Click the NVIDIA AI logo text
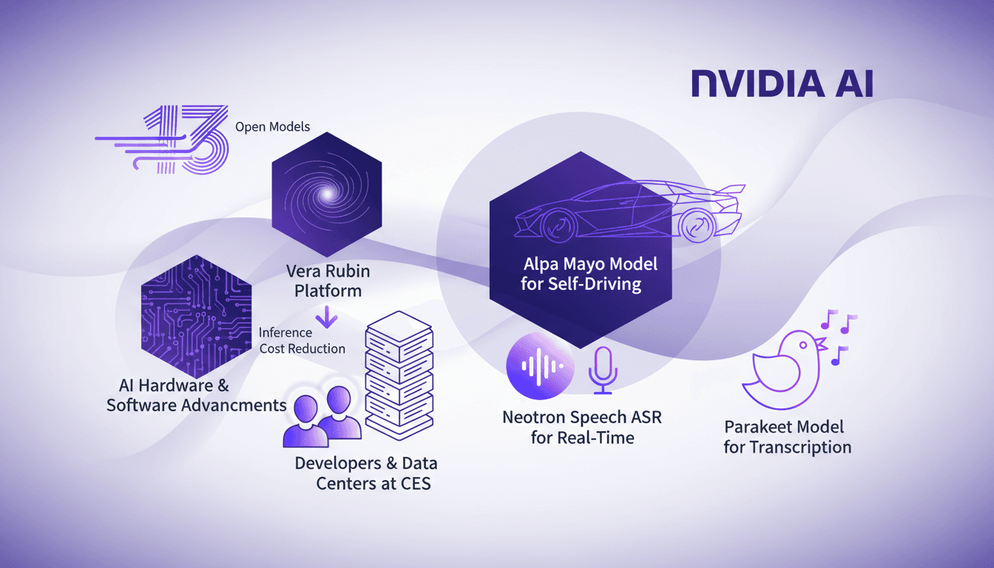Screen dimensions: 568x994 (x=782, y=84)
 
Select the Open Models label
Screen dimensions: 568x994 (x=272, y=126)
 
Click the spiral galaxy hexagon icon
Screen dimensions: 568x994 (x=326, y=193)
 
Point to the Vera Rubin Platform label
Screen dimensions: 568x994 (x=328, y=280)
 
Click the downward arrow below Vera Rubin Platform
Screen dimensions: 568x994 (x=326, y=318)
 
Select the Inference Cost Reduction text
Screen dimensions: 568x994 (x=302, y=340)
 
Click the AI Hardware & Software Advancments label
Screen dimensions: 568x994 (x=196, y=396)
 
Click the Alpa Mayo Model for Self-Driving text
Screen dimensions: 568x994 (x=580, y=274)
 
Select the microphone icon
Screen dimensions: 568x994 (x=602, y=368)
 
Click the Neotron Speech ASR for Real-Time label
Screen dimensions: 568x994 (x=582, y=427)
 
